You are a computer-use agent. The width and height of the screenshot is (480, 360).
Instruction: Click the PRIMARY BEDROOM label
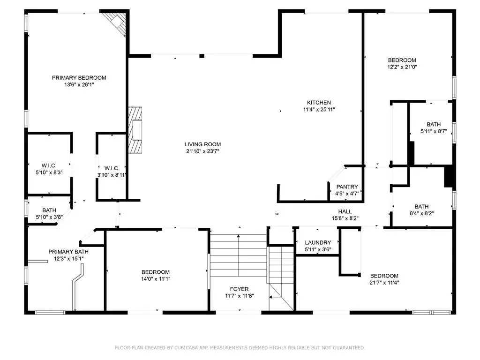pyautogui.click(x=79, y=78)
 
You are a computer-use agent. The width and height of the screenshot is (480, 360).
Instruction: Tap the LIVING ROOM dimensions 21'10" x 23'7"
pyautogui.click(x=202, y=151)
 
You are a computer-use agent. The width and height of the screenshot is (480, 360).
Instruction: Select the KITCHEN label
pyautogui.click(x=319, y=103)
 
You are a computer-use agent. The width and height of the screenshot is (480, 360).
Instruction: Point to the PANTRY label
pyautogui.click(x=347, y=187)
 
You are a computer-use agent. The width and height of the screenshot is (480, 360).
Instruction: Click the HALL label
pyautogui.click(x=345, y=211)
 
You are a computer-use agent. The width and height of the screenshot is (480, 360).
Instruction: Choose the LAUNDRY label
pyautogui.click(x=318, y=242)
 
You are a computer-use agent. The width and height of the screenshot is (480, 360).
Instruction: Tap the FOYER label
pyautogui.click(x=240, y=289)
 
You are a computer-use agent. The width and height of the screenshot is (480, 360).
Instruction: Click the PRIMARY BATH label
pyautogui.click(x=68, y=252)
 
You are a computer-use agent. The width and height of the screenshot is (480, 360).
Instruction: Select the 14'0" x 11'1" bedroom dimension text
pyautogui.click(x=156, y=279)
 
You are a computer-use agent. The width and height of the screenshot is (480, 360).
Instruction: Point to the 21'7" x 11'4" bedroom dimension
pyautogui.click(x=384, y=283)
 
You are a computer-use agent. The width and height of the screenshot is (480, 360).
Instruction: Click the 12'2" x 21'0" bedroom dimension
pyautogui.click(x=402, y=67)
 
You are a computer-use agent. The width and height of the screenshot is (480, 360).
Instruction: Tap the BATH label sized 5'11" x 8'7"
pyautogui.click(x=434, y=124)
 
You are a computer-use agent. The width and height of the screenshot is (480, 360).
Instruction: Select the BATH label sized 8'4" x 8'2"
pyautogui.click(x=422, y=207)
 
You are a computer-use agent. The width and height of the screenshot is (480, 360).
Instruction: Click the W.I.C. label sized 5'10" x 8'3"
pyautogui.click(x=49, y=165)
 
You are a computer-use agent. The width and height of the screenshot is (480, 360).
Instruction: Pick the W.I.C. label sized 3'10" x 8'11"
pyautogui.click(x=112, y=168)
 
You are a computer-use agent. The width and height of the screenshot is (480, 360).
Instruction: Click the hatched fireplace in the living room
pyautogui.click(x=135, y=130)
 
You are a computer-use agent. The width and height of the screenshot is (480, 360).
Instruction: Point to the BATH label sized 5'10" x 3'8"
pyautogui.click(x=49, y=210)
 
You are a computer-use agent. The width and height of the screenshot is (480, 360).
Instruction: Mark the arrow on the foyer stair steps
pyautogui.click(x=239, y=256)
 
